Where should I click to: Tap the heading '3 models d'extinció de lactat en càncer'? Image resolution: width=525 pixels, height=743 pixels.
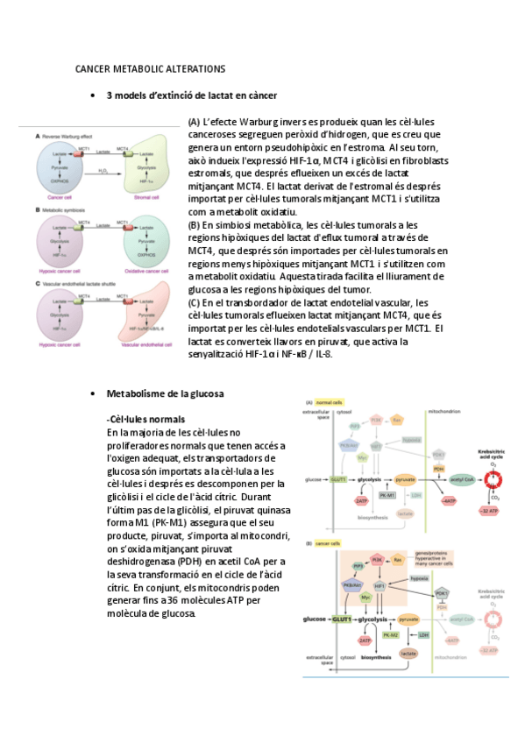pos(191,95)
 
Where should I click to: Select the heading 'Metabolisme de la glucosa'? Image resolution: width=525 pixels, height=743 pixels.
pos(165,394)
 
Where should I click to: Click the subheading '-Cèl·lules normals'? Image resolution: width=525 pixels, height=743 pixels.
pos(145,420)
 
